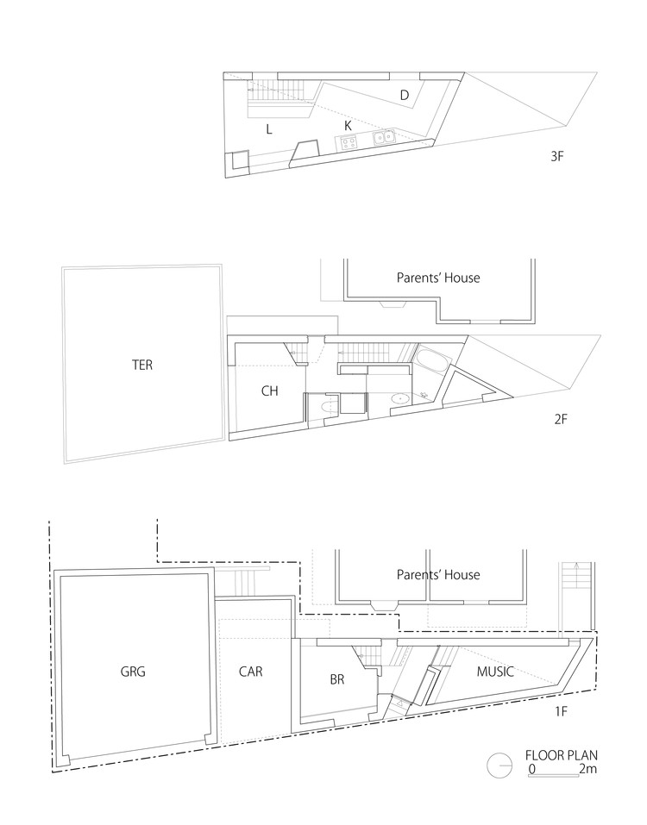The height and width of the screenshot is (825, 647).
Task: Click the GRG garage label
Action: [x=133, y=672]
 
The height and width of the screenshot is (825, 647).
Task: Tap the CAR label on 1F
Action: [x=250, y=672]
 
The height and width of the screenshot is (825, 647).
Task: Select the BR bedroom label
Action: [x=337, y=679]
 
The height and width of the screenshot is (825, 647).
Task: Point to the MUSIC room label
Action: [x=495, y=672]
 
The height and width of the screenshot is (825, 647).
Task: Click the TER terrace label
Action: [x=142, y=365]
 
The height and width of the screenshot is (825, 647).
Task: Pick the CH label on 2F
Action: [x=269, y=391]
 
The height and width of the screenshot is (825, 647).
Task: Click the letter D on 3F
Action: [x=405, y=95]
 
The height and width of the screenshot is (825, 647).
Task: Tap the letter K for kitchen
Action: [x=348, y=126]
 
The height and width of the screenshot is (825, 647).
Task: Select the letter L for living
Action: [x=269, y=129]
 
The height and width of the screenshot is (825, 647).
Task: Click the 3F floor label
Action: [x=557, y=156]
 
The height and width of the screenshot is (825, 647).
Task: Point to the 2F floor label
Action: [x=561, y=419]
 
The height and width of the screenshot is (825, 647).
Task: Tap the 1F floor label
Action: [x=562, y=712]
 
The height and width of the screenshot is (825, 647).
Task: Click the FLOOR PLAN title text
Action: [x=562, y=755]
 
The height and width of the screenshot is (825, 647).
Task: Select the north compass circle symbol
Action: [x=499, y=765]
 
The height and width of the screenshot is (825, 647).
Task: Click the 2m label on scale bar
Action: [x=588, y=769]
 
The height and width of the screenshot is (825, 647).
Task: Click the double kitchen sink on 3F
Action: [x=385, y=138]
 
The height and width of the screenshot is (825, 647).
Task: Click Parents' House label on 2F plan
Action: [x=438, y=278]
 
